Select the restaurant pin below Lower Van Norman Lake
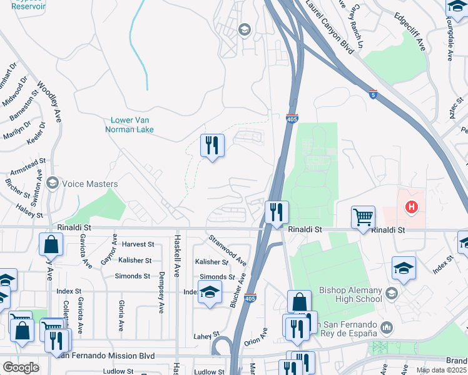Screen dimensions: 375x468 point(212,146)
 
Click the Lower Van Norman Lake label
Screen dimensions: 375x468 point(132,125)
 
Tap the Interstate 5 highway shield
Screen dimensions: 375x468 point(373,95)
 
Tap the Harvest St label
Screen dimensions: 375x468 point(138,244)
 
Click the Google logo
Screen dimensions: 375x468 point(21,367)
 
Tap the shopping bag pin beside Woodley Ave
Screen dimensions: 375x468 point(51,245)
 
